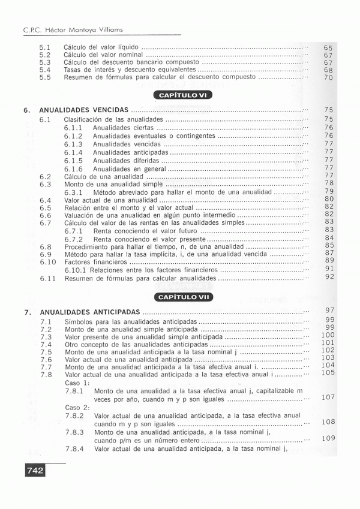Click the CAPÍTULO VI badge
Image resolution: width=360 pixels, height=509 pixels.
[x=182, y=95]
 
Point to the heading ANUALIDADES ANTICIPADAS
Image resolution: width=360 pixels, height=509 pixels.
[x=90, y=312]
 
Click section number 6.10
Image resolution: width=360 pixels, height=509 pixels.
[x=48, y=262]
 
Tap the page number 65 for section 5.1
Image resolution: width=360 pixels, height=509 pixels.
[x=328, y=47]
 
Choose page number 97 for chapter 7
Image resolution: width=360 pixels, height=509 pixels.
[x=329, y=310]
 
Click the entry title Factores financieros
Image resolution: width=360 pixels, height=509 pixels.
[x=96, y=262]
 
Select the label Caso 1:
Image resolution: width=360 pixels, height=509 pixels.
[x=77, y=382]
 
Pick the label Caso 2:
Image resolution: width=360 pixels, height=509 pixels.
[x=77, y=407]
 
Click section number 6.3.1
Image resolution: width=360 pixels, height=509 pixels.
[x=73, y=193]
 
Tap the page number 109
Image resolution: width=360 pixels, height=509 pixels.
[x=328, y=438]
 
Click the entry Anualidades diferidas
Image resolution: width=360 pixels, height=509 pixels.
[x=126, y=161]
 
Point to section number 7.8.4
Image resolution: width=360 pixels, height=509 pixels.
[x=74, y=448]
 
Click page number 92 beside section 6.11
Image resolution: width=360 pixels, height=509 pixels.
[x=329, y=277]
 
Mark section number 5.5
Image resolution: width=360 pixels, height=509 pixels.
[x=45, y=77]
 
